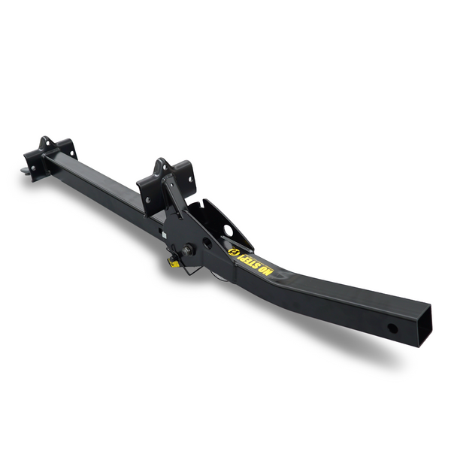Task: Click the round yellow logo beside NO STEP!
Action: (232, 252)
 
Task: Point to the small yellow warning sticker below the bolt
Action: (173, 262)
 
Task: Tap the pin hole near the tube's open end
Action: (392, 328)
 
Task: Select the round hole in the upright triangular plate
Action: (229, 230)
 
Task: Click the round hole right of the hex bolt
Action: (207, 243)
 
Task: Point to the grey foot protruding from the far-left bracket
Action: (25, 171)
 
